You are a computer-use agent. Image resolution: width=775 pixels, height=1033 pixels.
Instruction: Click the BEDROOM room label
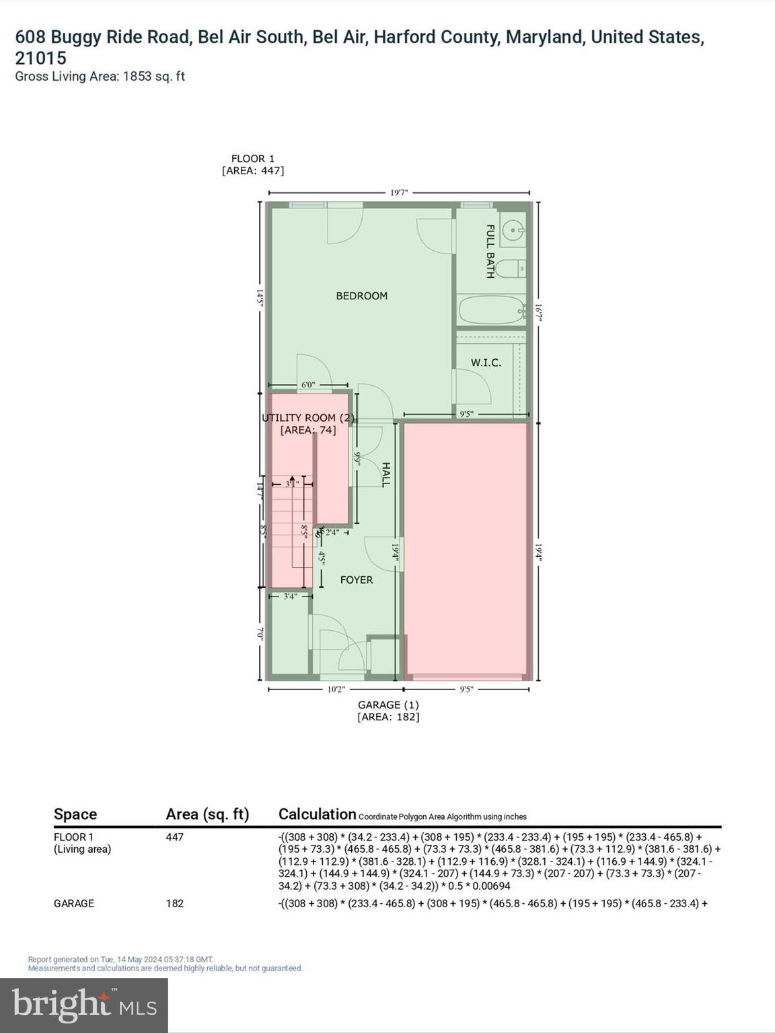[361, 296]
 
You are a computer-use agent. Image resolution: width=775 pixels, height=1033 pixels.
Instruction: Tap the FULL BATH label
[490, 252]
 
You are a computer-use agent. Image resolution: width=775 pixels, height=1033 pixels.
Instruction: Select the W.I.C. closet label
[486, 362]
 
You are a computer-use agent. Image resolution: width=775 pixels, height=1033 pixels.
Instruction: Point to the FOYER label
[356, 580]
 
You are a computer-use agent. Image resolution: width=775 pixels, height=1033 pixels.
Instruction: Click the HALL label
[385, 474]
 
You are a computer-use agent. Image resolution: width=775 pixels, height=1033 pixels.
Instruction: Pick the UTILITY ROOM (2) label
[308, 418]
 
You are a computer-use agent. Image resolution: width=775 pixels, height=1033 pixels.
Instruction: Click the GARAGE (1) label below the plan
[388, 705]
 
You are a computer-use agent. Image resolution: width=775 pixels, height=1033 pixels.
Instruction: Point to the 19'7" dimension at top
[399, 193]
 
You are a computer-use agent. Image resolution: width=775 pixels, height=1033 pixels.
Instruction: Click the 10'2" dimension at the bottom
[336, 689]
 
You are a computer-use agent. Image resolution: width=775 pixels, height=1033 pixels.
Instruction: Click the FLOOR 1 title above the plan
[253, 159]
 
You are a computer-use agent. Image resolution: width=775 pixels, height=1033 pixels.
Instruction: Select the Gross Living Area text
[100, 77]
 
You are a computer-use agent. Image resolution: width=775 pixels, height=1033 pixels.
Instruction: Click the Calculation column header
[317, 814]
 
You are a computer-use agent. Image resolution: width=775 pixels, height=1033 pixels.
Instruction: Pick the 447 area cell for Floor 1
[175, 837]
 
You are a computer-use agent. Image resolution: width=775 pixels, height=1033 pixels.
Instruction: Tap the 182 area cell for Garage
[175, 903]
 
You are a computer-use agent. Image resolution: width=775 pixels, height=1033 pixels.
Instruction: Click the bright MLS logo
[84, 1005]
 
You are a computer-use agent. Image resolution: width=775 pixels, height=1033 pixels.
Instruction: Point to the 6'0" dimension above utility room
[308, 385]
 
